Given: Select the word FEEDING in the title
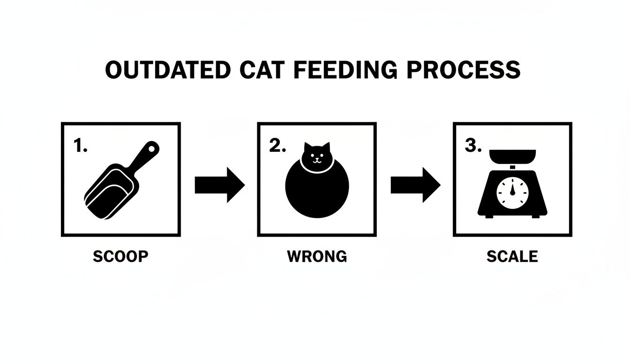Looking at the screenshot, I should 342,70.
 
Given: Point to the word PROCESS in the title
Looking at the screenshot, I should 463,70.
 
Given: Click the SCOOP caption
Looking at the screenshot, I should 120,256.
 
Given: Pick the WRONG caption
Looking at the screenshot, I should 317,256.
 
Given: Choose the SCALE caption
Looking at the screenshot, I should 512,256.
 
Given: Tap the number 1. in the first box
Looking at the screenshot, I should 81,146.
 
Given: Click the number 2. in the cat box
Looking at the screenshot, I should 277,146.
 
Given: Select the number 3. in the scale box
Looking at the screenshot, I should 473,146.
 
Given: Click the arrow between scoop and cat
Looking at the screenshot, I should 219,185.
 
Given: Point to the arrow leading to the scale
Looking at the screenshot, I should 415,185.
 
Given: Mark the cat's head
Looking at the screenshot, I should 317,155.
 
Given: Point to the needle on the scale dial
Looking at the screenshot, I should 512,187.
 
